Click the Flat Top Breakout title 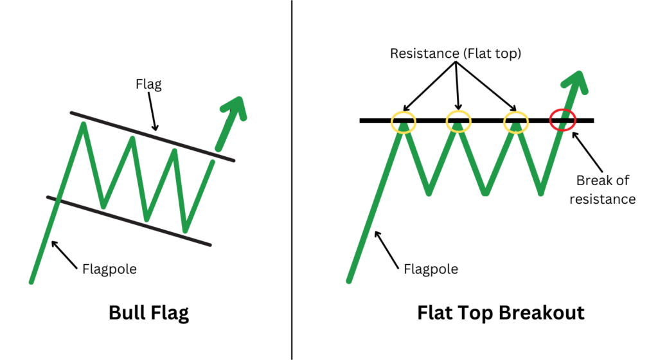pyautogui.click(x=501, y=313)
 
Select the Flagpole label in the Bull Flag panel pyautogui.click(x=109, y=268)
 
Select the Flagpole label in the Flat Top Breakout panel pyautogui.click(x=431, y=268)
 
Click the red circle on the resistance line pyautogui.click(x=563, y=120)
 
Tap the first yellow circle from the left pyautogui.click(x=404, y=120)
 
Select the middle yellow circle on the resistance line pyautogui.click(x=458, y=120)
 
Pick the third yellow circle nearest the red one pyautogui.click(x=516, y=120)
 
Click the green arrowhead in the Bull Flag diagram pyautogui.click(x=235, y=108)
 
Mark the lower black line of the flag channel pyautogui.click(x=129, y=221)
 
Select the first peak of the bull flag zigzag pyautogui.click(x=83, y=123)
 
